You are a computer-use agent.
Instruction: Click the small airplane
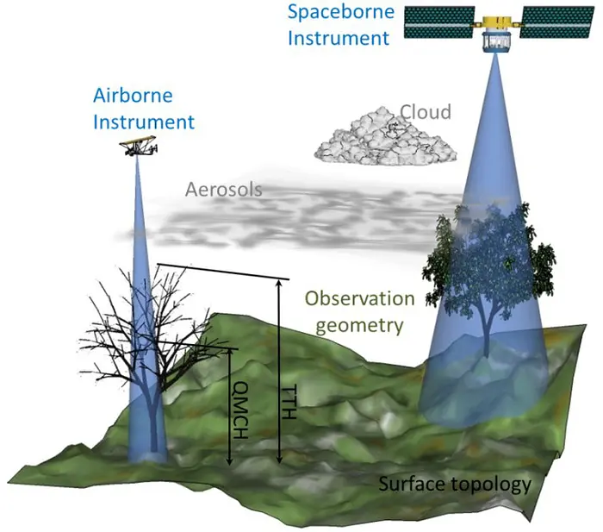pos(138,148)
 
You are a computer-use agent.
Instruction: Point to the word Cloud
pos(426,112)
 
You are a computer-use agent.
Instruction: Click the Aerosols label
pos(223,189)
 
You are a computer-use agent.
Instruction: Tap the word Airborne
pos(132,97)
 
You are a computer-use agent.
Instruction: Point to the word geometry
pos(359,324)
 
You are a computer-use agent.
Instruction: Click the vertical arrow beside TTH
pos(278,371)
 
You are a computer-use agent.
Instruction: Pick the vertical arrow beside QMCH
pos(229,405)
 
